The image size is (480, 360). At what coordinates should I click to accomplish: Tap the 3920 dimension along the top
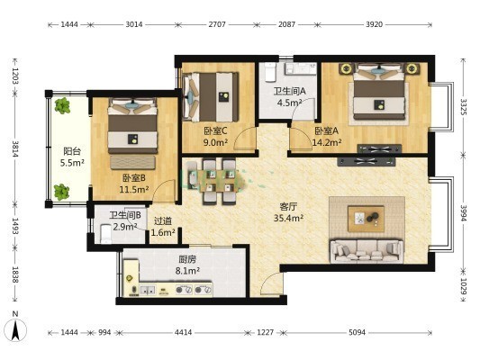(374, 24)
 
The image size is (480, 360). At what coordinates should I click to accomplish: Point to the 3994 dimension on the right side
(464, 213)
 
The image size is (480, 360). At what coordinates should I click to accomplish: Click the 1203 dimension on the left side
(15, 76)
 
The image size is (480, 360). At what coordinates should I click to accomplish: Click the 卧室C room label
(215, 131)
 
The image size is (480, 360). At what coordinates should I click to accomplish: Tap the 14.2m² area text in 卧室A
(327, 142)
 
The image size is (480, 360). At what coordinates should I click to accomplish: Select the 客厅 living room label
(288, 207)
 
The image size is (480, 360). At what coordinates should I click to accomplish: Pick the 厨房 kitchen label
(187, 260)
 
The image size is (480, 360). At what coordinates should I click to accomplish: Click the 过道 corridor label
(162, 220)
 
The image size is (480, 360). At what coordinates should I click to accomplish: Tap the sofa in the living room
(367, 251)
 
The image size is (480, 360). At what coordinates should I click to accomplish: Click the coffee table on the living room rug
(366, 219)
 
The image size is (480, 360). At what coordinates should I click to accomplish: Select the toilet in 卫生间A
(270, 72)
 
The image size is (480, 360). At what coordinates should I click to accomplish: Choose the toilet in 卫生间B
(106, 234)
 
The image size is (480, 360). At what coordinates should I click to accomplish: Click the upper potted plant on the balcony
(62, 106)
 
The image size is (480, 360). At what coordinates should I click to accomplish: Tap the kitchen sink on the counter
(148, 291)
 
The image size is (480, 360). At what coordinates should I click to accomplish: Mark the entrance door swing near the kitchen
(271, 283)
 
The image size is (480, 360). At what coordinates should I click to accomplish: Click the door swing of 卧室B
(164, 191)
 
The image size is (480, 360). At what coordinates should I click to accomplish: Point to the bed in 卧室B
(132, 126)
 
